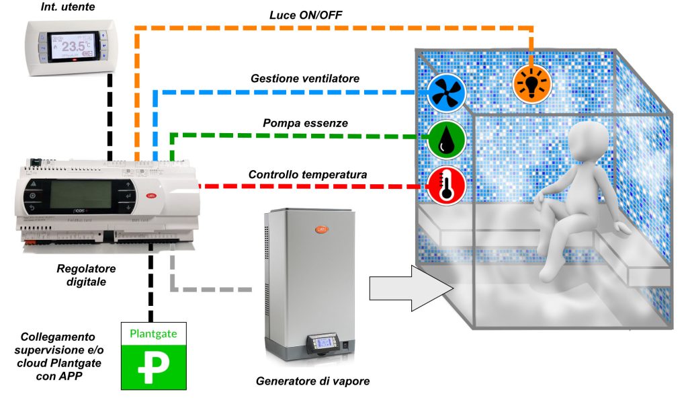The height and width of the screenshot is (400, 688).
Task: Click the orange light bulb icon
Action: pos(532,84)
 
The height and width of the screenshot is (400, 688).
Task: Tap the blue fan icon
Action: pos(446,93)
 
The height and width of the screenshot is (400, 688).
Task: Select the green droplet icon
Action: pos(446,138)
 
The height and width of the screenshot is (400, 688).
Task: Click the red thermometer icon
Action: pos(446,186)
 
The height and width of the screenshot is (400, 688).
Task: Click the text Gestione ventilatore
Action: pos(305,79)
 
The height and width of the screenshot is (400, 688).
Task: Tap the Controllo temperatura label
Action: pos(308,175)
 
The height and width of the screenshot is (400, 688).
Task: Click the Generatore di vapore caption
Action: pos(312,382)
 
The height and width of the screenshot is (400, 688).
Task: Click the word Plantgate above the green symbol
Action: pos(153,332)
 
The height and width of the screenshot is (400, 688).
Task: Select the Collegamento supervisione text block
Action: pos(58,354)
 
